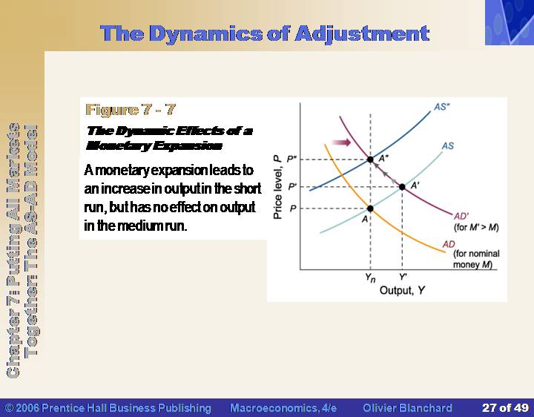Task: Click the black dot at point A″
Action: [x=370, y=159]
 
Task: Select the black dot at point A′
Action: [x=402, y=187]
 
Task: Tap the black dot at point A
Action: [x=370, y=208]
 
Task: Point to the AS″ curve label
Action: [x=442, y=107]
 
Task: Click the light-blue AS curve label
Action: [x=448, y=146]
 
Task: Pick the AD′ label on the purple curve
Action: [x=461, y=217]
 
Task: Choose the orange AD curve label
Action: [x=449, y=244]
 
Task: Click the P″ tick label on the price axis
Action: [x=292, y=159]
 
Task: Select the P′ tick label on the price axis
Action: [x=292, y=187]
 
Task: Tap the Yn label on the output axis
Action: [x=370, y=278]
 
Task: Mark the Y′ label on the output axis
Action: [x=403, y=277]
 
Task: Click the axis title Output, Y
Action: [x=402, y=290]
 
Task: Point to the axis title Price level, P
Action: [x=277, y=187]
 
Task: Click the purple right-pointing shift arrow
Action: [x=341, y=142]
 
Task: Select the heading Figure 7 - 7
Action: [x=131, y=110]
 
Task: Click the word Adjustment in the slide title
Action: [x=362, y=34]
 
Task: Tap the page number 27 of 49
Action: [x=505, y=408]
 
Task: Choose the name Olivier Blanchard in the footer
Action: [x=407, y=408]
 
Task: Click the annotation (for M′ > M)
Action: [x=476, y=227]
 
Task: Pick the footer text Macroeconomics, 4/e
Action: [x=283, y=408]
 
